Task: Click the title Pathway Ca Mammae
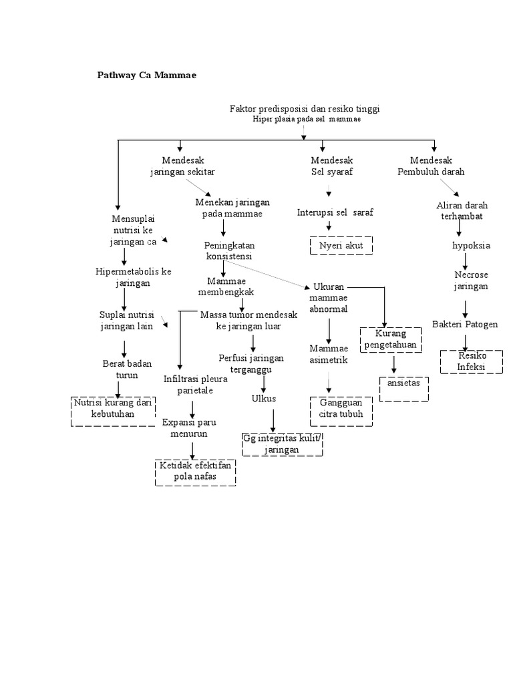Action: point(148,75)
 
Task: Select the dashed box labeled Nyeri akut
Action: point(341,245)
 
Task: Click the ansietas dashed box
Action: point(403,389)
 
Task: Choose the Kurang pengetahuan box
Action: point(391,339)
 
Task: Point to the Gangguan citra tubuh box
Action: point(341,410)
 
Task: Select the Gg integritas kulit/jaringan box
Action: point(282,444)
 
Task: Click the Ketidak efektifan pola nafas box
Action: point(194,472)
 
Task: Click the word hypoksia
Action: point(471,245)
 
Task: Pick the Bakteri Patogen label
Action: point(464,324)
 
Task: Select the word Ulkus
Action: point(264,399)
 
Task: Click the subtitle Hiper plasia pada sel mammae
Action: point(307,119)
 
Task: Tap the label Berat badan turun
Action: point(127,369)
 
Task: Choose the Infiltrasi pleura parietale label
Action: point(195,384)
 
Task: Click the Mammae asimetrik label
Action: point(329,354)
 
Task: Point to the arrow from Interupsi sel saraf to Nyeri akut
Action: point(329,226)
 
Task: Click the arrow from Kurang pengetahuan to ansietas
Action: point(394,365)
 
